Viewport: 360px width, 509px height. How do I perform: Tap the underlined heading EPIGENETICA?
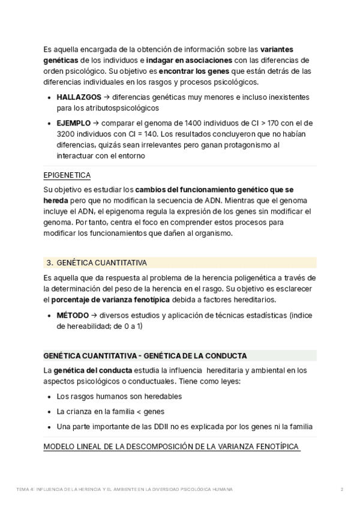tap(67, 175)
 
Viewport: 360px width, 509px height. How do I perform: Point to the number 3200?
tap(67, 134)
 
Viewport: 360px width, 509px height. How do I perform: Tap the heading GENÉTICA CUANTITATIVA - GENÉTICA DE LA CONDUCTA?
tap(145, 355)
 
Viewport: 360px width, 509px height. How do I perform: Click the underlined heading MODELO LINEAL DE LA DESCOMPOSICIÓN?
tap(172, 448)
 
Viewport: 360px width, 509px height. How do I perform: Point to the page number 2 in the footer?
tap(341, 490)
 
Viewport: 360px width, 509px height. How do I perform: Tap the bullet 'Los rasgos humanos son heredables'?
tap(119, 397)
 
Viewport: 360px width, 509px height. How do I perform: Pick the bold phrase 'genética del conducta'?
tap(89, 370)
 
